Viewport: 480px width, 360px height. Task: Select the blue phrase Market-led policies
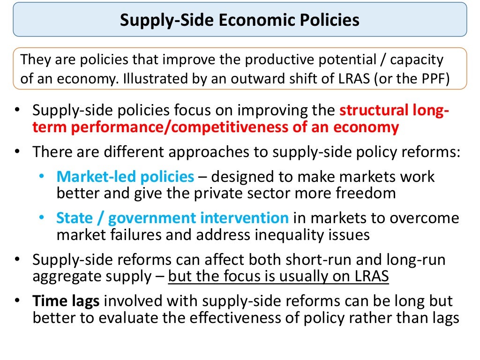click(125, 177)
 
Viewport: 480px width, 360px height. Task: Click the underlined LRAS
click(370, 276)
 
